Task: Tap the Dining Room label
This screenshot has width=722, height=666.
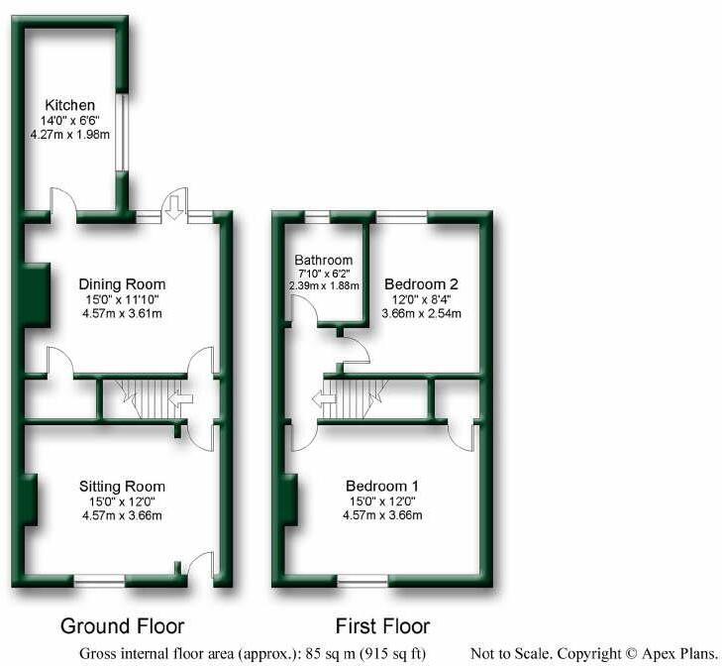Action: coord(123,284)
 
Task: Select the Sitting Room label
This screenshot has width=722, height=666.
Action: coord(123,486)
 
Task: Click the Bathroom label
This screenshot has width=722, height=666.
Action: coord(318,261)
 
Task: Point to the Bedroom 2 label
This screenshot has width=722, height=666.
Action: coord(422,283)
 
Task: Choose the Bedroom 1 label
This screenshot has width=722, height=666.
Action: coord(382,486)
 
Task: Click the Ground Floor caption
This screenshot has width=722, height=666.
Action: coord(123,625)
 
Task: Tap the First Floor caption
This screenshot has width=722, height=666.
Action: coord(382,625)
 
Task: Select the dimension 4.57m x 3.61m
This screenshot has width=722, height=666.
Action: coord(123,314)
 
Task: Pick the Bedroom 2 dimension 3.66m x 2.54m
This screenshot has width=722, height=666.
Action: coord(422,314)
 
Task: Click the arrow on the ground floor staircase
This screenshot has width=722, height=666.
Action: coord(181,399)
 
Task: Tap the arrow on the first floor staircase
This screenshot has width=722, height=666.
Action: coord(322,400)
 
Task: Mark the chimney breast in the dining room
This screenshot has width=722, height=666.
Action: coord(36,295)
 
